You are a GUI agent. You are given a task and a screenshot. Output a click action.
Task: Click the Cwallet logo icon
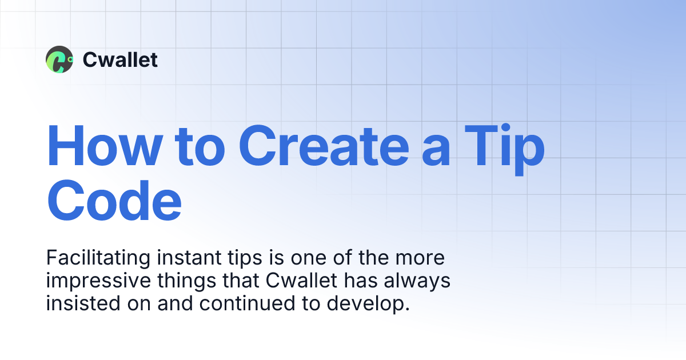(x=59, y=59)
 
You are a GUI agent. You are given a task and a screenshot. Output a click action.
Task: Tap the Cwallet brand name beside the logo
(x=120, y=59)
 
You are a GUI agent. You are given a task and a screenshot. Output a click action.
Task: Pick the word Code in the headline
(x=114, y=201)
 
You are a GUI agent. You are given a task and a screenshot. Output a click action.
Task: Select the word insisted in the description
(x=79, y=303)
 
